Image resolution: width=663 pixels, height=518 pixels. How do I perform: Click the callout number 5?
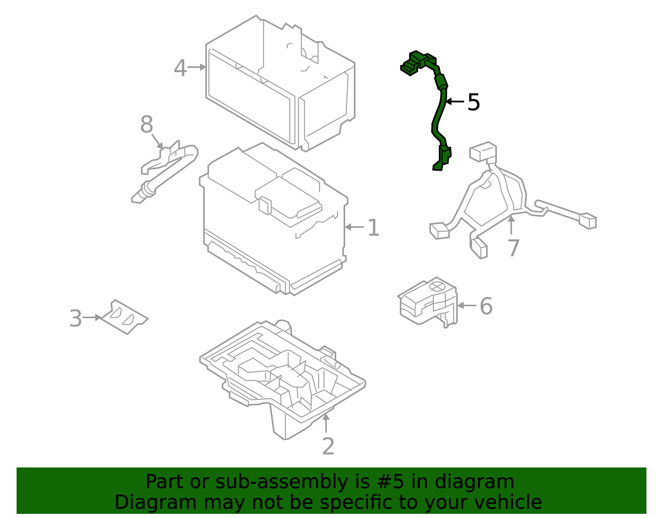(473, 102)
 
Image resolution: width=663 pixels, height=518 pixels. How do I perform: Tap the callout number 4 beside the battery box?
(180, 68)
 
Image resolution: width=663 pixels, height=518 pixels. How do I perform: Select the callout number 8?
(147, 124)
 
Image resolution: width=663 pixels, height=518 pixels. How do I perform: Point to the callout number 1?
(373, 228)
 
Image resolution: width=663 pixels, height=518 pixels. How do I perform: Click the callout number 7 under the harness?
(513, 248)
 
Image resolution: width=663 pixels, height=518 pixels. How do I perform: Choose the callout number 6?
(486, 306)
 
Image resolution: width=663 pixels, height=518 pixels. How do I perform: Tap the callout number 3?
(75, 319)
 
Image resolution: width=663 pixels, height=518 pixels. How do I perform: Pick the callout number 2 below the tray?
(328, 447)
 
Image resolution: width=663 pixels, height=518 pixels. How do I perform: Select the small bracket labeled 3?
(124, 317)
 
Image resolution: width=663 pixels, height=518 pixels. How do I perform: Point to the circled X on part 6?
(437, 286)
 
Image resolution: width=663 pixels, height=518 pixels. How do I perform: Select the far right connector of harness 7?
(588, 221)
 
